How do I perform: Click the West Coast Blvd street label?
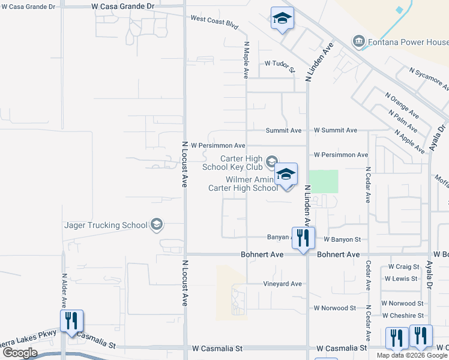pos(214,23)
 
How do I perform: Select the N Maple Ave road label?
pos(246,60)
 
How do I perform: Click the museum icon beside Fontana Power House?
pos(359,41)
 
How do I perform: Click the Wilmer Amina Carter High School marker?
pos(286,175)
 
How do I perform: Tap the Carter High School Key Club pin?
pos(272,161)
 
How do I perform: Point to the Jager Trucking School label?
pos(106,225)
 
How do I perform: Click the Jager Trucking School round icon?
pos(157,225)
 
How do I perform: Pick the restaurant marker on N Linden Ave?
pos(303,238)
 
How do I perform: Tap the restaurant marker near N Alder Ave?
pos(71,320)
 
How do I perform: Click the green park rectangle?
pos(324,181)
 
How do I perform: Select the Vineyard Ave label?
pos(282,284)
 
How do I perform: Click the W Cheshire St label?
pos(403,316)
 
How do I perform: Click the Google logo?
pos(20,352)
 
